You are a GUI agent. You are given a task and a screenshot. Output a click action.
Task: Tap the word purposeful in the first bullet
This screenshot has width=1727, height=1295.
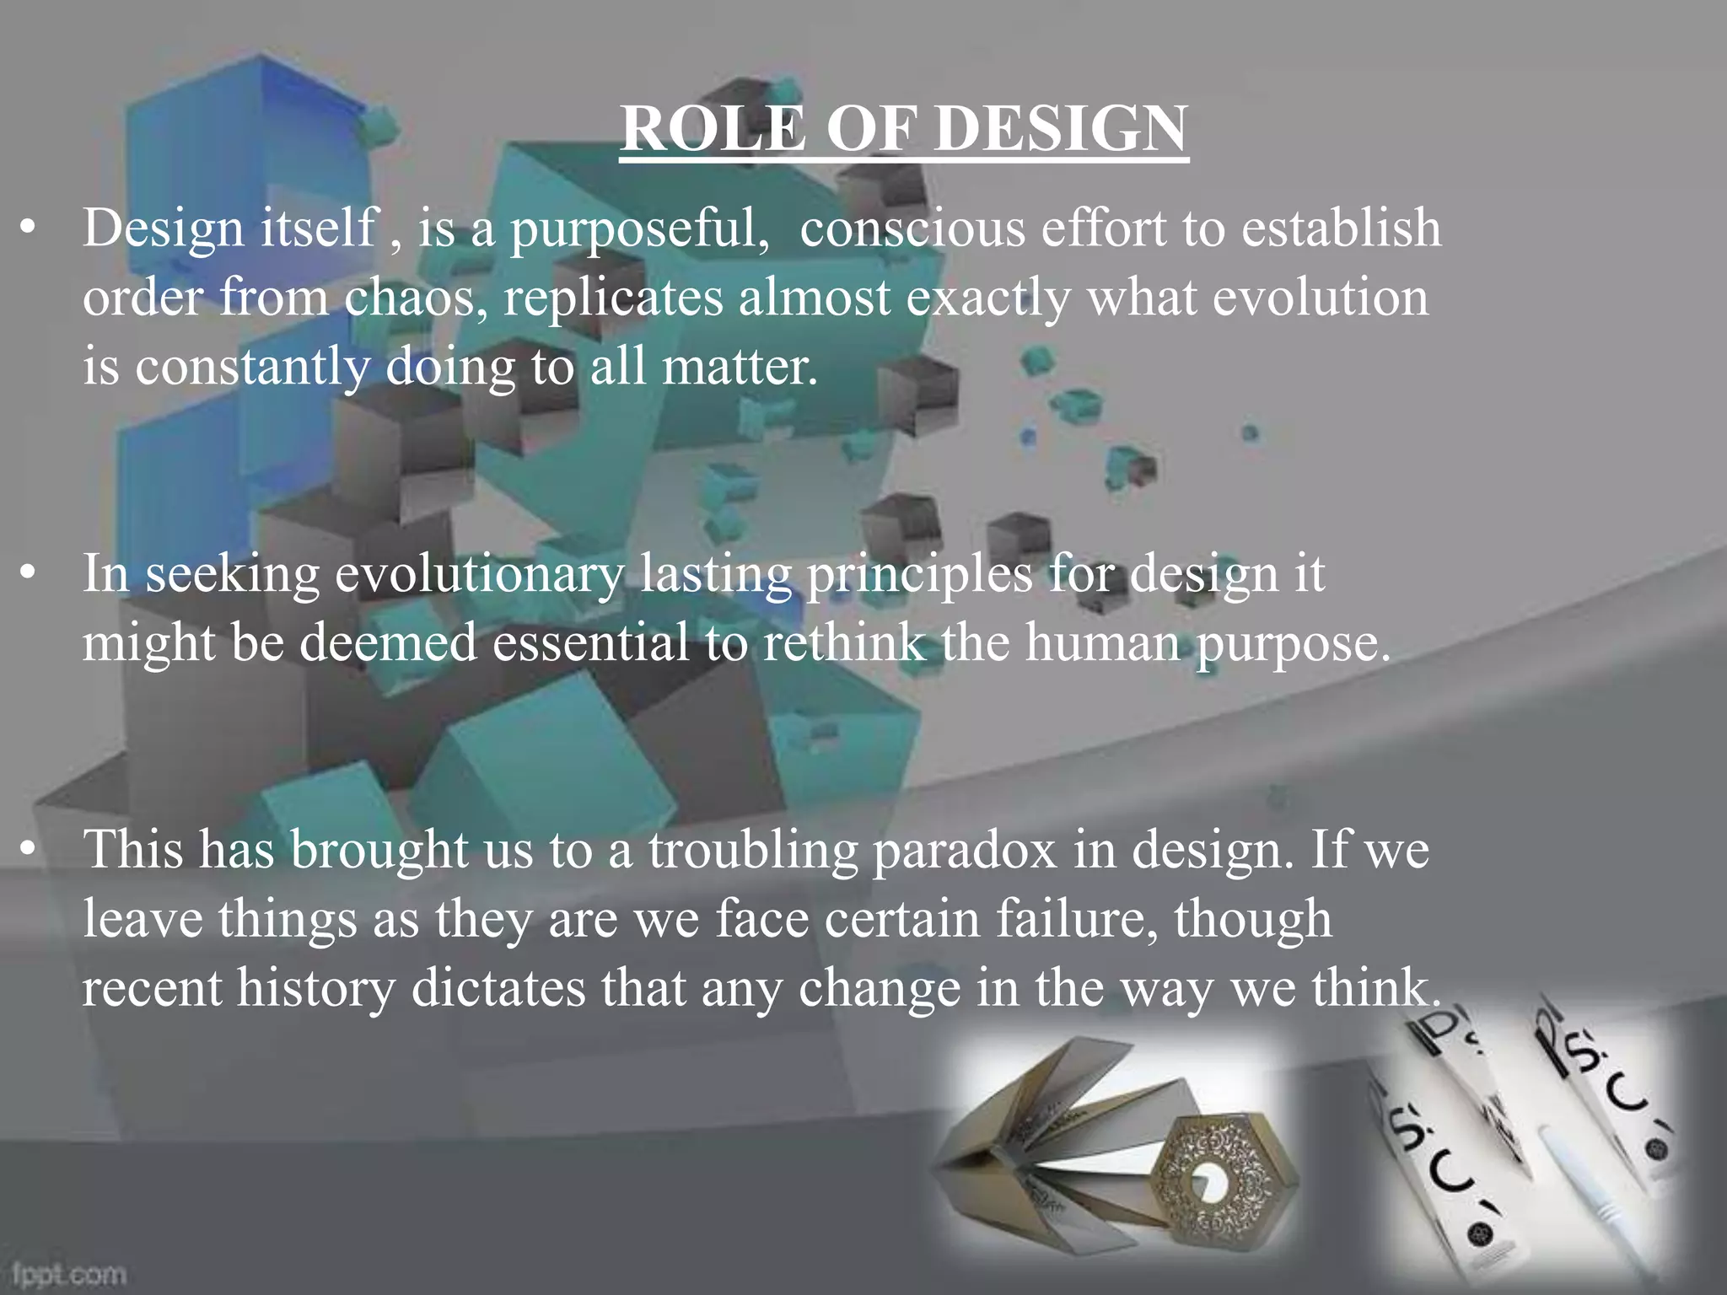(x=639, y=229)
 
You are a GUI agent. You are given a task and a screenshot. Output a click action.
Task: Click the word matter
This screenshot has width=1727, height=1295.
(x=740, y=367)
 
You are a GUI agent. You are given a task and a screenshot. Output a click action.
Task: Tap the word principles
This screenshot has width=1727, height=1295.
(x=919, y=575)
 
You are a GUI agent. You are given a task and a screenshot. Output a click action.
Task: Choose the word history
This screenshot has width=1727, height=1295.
(x=315, y=988)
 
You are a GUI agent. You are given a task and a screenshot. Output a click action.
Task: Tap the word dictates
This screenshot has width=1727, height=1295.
(x=498, y=988)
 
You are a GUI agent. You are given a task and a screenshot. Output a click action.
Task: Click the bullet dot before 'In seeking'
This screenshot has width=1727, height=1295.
(x=30, y=575)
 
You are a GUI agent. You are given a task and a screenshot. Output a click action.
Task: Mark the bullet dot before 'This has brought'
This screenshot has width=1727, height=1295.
(x=30, y=850)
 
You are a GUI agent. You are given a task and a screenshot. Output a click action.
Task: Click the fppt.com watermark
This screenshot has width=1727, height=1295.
(x=70, y=1273)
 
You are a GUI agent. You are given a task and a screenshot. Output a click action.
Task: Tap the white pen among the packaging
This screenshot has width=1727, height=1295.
(x=1585, y=1189)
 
